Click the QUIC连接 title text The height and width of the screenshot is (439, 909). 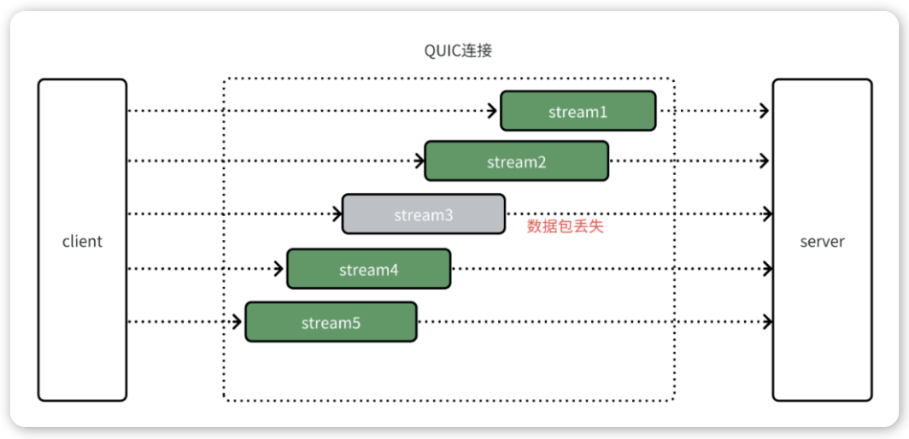click(459, 51)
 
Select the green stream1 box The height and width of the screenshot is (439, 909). click(578, 111)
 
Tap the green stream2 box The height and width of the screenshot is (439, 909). click(517, 161)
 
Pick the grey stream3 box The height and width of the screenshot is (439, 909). click(423, 214)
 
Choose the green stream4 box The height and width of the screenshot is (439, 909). click(369, 268)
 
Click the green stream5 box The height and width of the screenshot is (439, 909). click(331, 322)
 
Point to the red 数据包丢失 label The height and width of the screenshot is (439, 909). click(566, 226)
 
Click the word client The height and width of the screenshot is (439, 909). click(82, 241)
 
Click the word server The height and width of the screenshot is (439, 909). click(822, 241)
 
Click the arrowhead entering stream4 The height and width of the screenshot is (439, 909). click(280, 268)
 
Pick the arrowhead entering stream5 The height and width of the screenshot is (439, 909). click(238, 322)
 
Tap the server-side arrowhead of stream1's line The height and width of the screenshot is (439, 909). click(765, 111)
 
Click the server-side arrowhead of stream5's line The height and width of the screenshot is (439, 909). click(767, 320)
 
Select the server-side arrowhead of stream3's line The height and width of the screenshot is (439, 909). click(767, 214)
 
